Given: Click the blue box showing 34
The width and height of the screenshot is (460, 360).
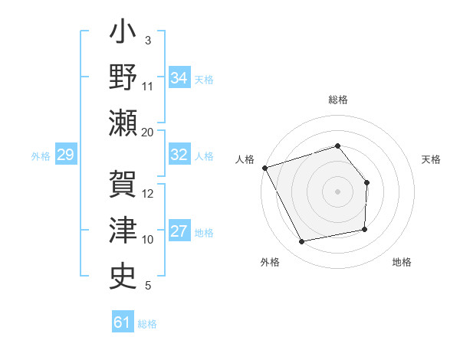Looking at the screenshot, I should click(x=179, y=77).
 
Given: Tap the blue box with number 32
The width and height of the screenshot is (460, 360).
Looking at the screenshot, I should click(x=179, y=155).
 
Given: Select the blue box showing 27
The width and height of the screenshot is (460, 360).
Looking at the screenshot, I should click(x=179, y=231).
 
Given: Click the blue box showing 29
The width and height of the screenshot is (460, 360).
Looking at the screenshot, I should click(x=65, y=155).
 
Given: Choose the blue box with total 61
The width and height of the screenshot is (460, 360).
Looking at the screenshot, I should click(x=122, y=322).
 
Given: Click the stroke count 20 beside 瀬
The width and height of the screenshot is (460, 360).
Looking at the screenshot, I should click(x=147, y=133).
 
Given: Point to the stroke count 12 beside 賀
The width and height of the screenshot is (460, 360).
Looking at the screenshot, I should click(x=148, y=194).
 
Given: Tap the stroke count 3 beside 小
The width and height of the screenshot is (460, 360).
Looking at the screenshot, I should click(x=147, y=41).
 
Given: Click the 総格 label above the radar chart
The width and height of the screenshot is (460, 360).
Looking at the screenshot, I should click(x=337, y=100).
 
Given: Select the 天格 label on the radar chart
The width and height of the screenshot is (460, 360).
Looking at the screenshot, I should click(x=432, y=159).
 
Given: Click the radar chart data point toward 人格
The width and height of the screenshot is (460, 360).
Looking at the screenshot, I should click(x=264, y=168).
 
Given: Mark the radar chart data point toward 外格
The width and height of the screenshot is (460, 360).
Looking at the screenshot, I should click(x=302, y=242).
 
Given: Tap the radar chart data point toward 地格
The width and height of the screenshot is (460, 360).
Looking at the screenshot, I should click(x=365, y=230).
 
